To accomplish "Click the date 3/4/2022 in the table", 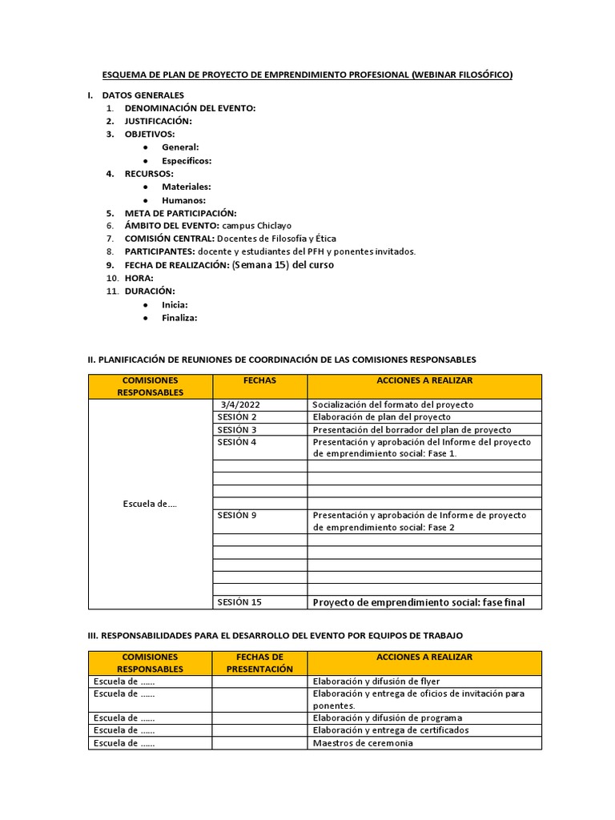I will pyautogui.click(x=238, y=404).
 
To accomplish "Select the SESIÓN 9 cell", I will pyautogui.click(x=237, y=515).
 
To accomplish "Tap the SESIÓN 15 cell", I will pyautogui.click(x=239, y=602).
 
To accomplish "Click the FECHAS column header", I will pyautogui.click(x=259, y=380).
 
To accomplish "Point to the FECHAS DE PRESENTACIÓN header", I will pyautogui.click(x=259, y=663).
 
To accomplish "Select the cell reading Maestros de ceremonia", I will pyautogui.click(x=363, y=743).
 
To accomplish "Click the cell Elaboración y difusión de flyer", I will pyautogui.click(x=376, y=681).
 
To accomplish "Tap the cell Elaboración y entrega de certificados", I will pyautogui.click(x=391, y=730).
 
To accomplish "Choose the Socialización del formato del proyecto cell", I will pyautogui.click(x=393, y=404).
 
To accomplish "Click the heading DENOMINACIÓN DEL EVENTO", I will pyautogui.click(x=190, y=108).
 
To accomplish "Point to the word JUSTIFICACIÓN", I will pyautogui.click(x=158, y=121).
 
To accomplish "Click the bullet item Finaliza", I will pyautogui.click(x=179, y=317).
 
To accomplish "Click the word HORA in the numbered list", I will pyautogui.click(x=139, y=278).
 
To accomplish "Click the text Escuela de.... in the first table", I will pyautogui.click(x=150, y=503).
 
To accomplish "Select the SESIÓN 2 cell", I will pyautogui.click(x=237, y=417).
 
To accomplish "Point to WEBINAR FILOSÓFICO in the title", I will pyautogui.click(x=462, y=75).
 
